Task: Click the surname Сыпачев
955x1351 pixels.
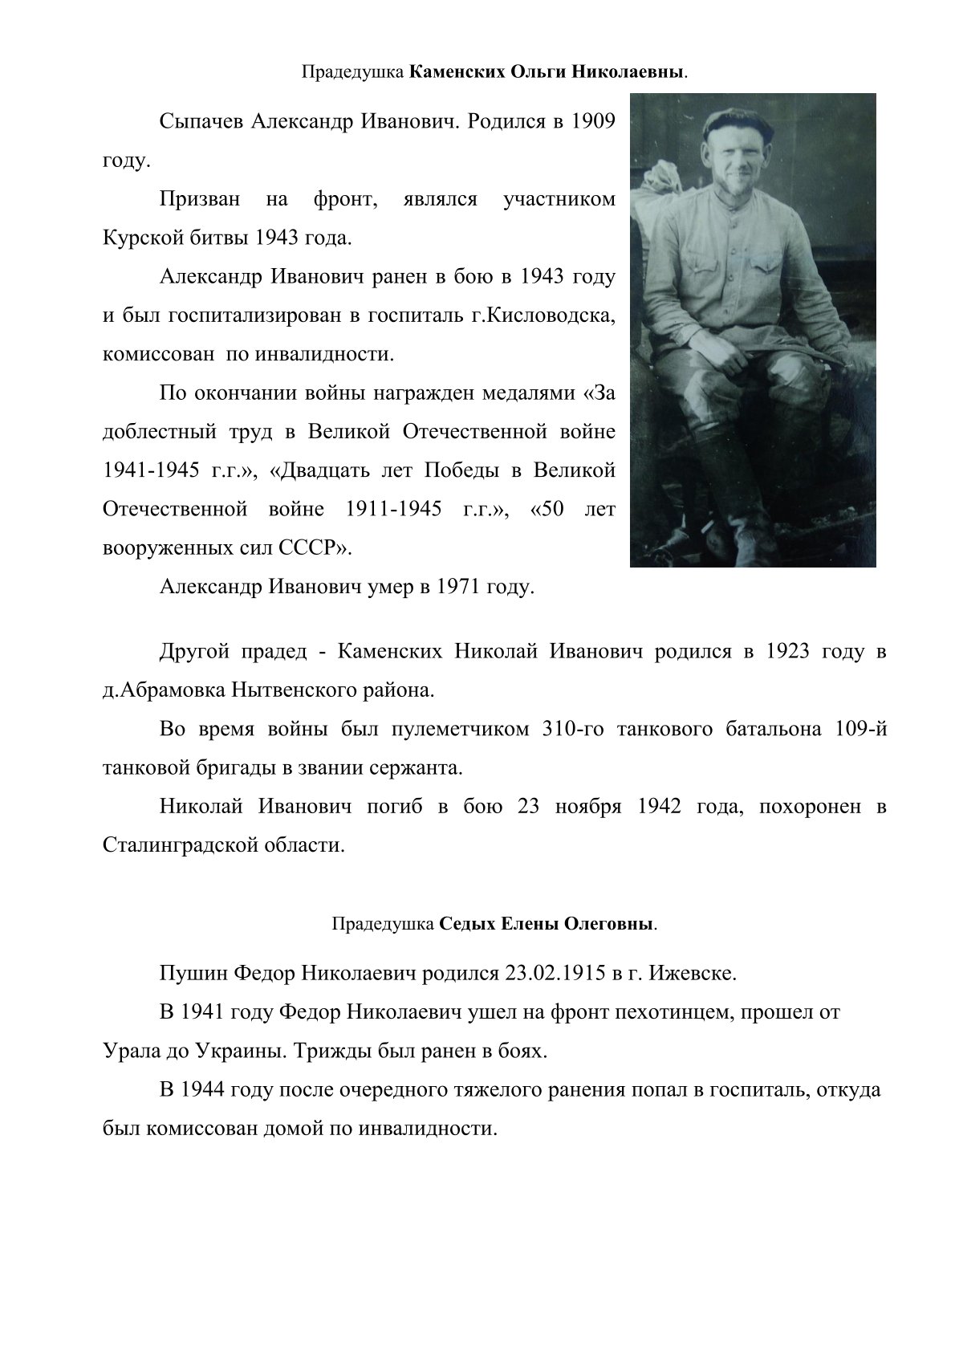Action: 201,123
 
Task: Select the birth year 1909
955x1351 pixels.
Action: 593,123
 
